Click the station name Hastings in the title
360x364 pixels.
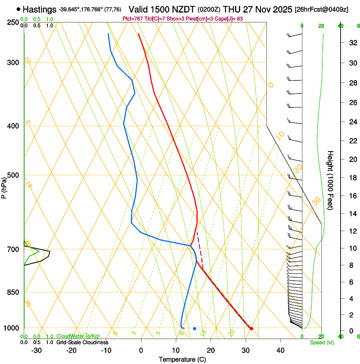coord(39,9)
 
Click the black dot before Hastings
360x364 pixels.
coord(19,9)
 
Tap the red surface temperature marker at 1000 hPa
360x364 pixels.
coord(251,328)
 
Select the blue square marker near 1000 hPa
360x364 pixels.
coord(194,328)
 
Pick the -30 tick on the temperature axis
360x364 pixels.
coord(36,350)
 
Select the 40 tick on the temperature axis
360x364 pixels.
coord(280,350)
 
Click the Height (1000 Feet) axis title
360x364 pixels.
coord(331,180)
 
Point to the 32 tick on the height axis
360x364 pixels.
coord(352,43)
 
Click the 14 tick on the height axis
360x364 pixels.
coord(352,214)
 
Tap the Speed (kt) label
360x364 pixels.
coord(321,342)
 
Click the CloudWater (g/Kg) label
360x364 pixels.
coord(78,336)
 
